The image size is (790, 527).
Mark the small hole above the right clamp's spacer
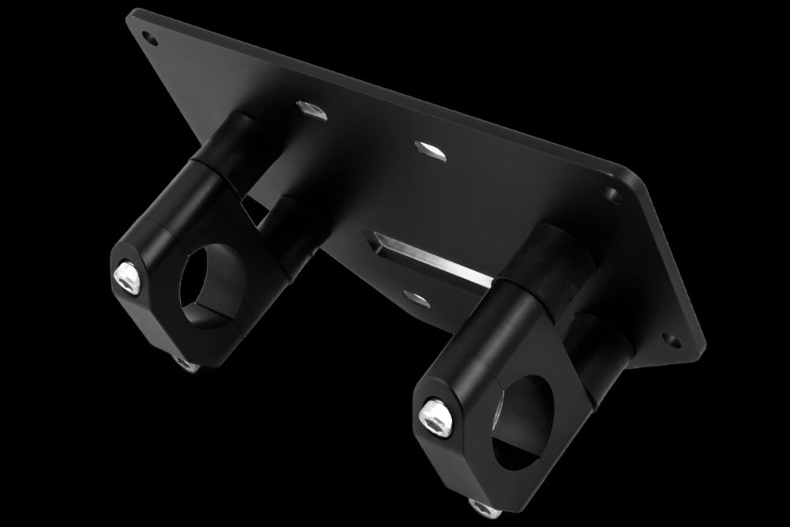point(610,193)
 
